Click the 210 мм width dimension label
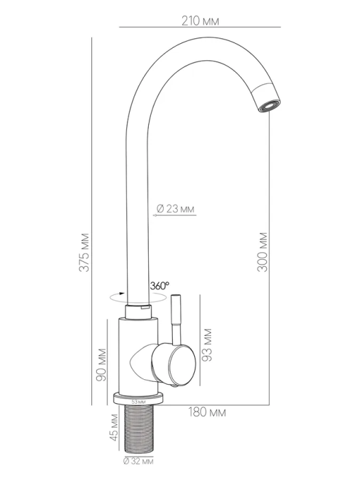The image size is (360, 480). click(200, 21)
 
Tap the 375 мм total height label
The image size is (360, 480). click(84, 252)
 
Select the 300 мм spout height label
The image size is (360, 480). click(263, 252)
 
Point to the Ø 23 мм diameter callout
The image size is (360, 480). click(176, 208)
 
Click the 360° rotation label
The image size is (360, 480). click(160, 286)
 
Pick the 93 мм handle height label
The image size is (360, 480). click(207, 345)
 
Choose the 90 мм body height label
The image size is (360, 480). click(101, 365)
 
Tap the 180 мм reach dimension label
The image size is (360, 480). click(207, 412)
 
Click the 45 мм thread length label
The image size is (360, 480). click(114, 427)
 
